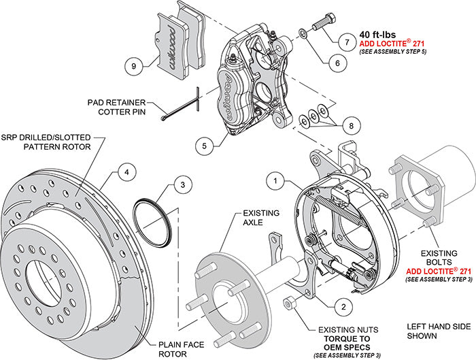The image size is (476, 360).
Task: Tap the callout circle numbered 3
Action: (x=178, y=184)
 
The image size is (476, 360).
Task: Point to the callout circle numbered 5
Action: (x=202, y=144)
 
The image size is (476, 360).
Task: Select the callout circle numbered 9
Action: (x=134, y=66)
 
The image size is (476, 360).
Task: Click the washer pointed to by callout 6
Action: (x=302, y=32)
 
